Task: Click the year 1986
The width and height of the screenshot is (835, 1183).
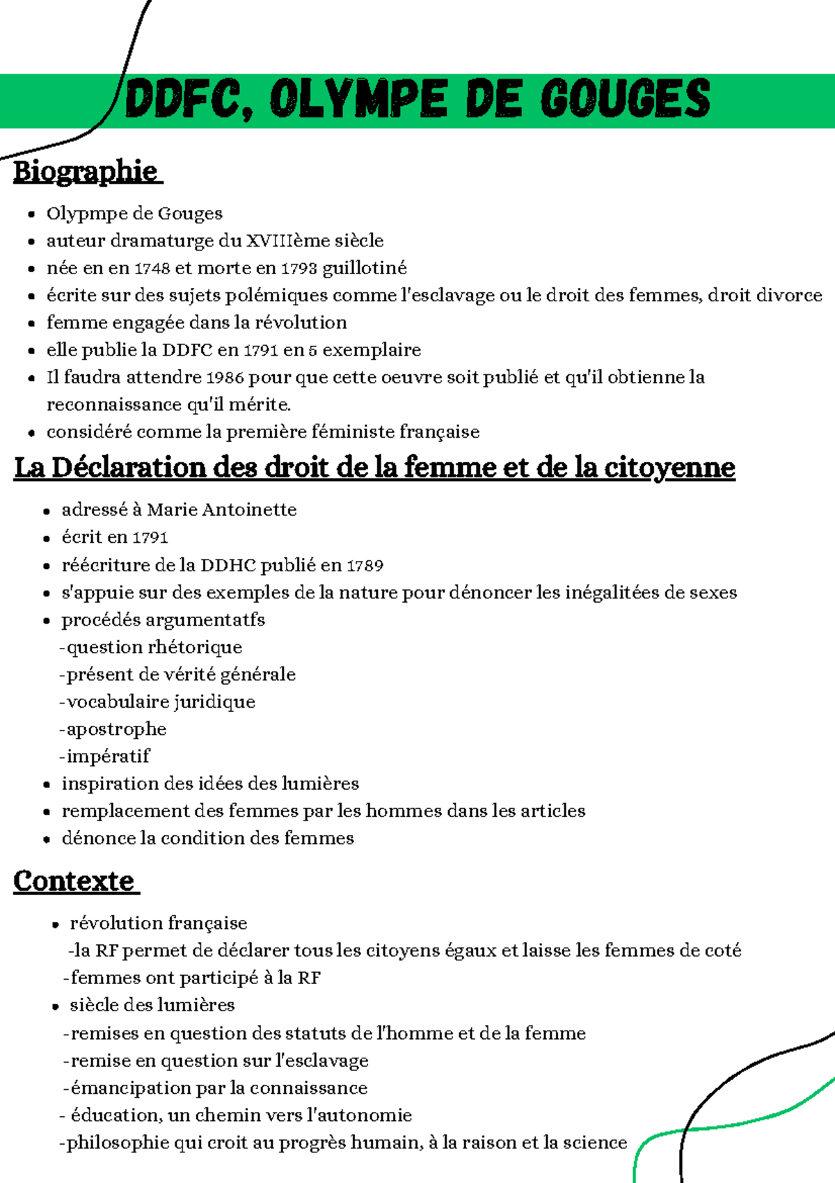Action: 225,378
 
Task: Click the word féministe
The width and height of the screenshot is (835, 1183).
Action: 352,432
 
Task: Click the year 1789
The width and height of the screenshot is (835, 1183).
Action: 365,565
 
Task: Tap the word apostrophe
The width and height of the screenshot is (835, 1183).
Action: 116,729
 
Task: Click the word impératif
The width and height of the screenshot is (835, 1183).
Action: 108,756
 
